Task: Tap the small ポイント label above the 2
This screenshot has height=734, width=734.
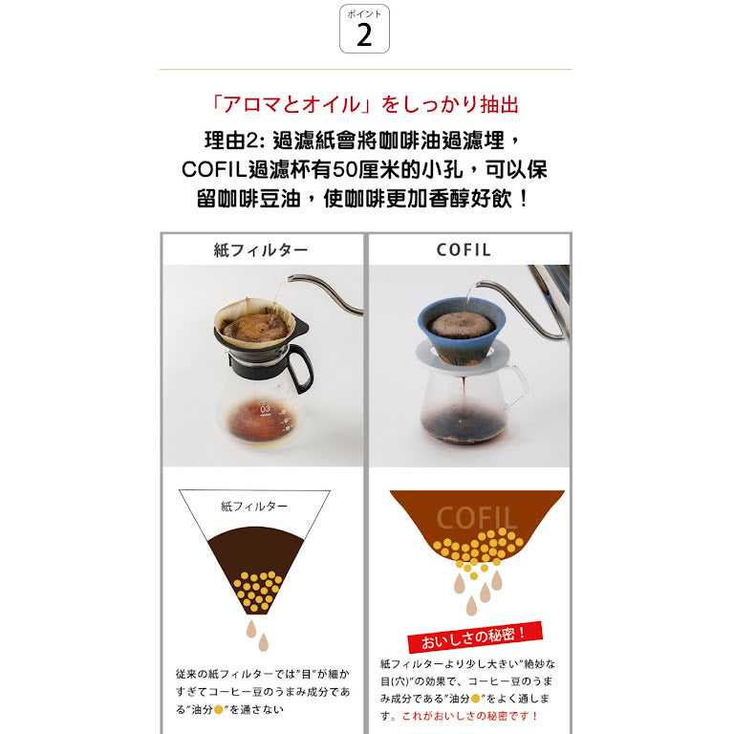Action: pos(364,14)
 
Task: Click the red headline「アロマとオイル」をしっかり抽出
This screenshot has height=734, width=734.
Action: pos(365,104)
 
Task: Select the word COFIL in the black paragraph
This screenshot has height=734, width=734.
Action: pos(214,169)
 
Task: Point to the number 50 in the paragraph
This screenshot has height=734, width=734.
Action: pos(344,169)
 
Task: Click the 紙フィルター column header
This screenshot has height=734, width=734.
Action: pos(261,250)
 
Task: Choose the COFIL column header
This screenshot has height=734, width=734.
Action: pos(464,250)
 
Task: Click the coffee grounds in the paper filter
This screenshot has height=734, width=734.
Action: pos(255,327)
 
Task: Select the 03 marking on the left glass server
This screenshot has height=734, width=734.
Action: pos(265,409)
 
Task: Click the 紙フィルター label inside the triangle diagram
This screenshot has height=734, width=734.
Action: pos(254,506)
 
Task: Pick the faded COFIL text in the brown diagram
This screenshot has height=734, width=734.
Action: pos(477,518)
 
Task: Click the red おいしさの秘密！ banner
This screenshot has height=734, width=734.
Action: pos(475,637)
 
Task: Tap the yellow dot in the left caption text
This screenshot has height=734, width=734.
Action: pos(218,710)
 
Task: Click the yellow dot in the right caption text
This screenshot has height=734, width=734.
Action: pos(475,699)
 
